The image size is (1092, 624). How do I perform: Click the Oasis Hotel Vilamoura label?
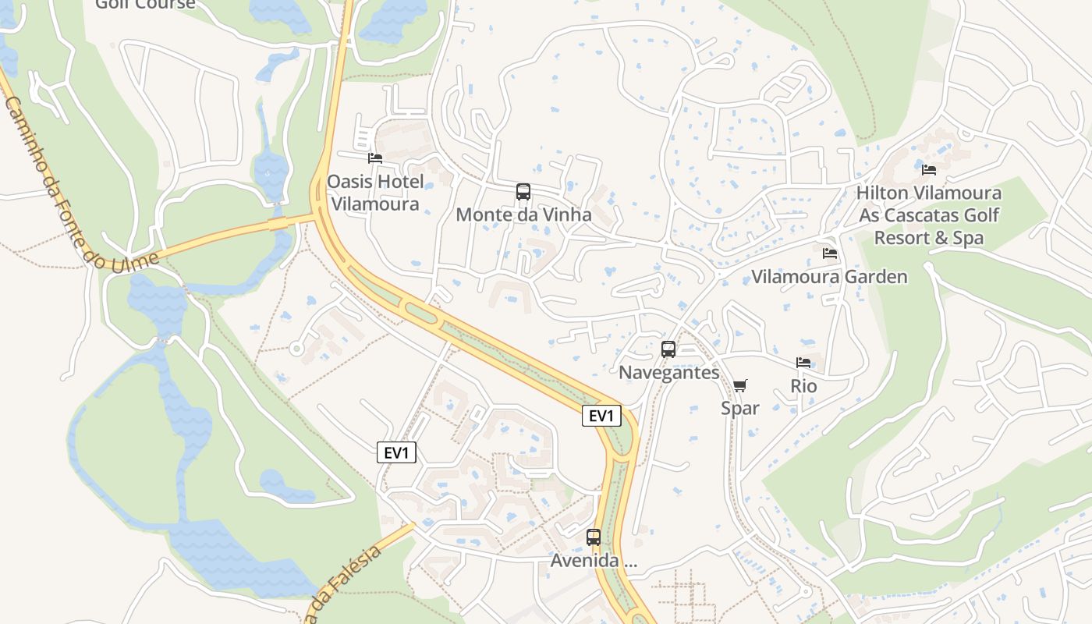375,193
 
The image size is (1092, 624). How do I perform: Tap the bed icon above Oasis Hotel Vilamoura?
375,158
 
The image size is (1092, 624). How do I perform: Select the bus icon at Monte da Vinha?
523,192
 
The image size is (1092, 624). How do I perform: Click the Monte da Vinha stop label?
523,214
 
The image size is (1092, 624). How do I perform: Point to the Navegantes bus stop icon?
668,349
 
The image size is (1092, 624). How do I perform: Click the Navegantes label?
668,372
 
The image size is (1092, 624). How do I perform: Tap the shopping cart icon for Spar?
740,385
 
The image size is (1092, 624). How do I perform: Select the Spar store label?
740,408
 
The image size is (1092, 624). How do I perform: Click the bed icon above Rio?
803,363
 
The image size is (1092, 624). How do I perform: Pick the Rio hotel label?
803,385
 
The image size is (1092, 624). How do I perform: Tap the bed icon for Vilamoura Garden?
830,253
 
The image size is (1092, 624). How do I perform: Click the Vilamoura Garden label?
829,277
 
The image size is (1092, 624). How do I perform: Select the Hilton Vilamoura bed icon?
929,169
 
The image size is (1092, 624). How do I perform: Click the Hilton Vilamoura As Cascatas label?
928,215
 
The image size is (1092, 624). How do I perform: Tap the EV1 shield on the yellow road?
601,416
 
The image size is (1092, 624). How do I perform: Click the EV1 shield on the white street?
396,452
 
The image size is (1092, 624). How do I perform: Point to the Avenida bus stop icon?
594,537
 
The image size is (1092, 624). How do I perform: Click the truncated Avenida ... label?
594,560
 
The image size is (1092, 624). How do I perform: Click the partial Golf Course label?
145,5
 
